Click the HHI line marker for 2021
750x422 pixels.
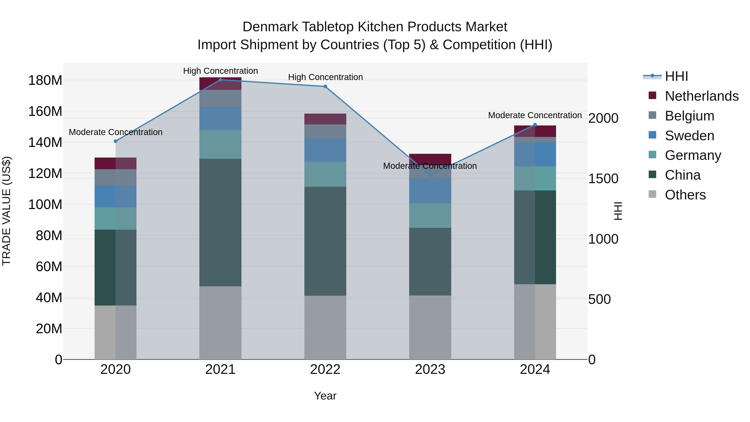[x=220, y=80]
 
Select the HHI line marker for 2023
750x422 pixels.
[x=430, y=175]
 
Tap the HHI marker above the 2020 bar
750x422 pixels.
[x=116, y=141]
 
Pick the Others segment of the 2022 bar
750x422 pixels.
[x=325, y=327]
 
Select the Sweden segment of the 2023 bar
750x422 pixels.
[x=430, y=190]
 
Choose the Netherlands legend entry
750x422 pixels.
[x=702, y=96]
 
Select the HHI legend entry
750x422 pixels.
[x=676, y=76]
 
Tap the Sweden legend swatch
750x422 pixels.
[x=652, y=135]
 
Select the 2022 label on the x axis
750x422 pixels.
[x=325, y=369]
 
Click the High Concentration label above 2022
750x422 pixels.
[x=325, y=77]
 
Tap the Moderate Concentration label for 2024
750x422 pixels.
[x=535, y=115]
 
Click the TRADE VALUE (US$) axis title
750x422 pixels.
[x=6, y=211]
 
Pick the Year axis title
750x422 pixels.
[x=325, y=396]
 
